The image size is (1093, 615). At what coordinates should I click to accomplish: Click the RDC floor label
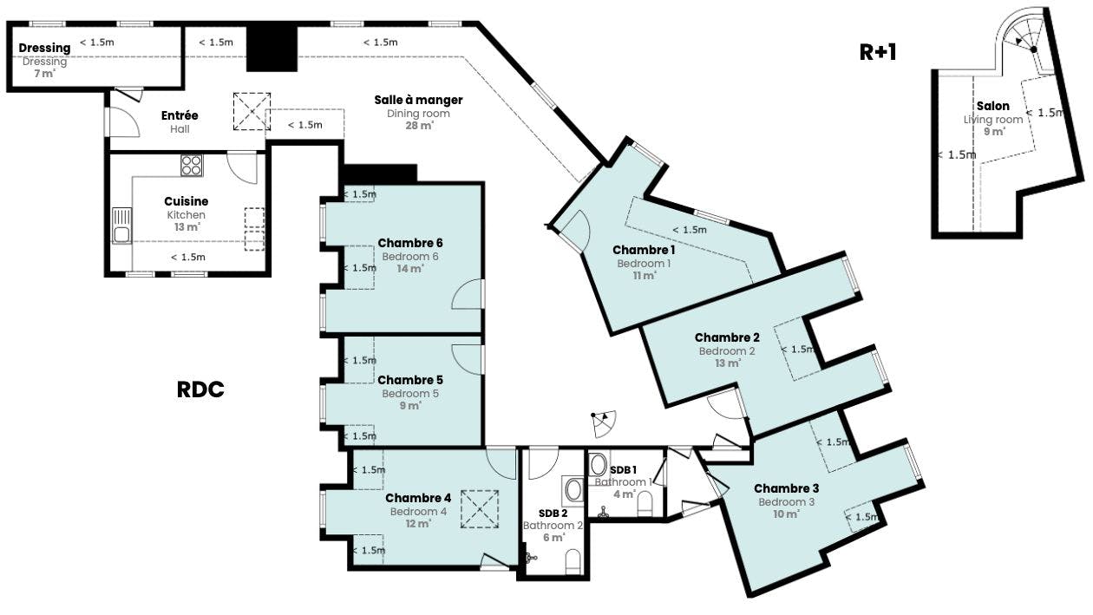pyautogui.click(x=200, y=389)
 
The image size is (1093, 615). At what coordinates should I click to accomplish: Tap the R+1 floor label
pyautogui.click(x=878, y=52)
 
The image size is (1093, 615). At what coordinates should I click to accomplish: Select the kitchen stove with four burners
pyautogui.click(x=191, y=165)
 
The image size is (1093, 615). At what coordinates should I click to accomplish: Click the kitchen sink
pyautogui.click(x=121, y=226)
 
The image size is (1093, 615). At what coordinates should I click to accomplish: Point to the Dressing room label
pyautogui.click(x=44, y=48)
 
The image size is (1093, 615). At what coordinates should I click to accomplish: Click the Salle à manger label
pyautogui.click(x=418, y=100)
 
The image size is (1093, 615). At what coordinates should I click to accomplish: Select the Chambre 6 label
pyautogui.click(x=409, y=243)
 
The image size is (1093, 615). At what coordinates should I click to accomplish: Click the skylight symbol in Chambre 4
pyautogui.click(x=480, y=509)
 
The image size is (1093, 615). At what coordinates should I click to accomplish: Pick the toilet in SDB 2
pyautogui.click(x=573, y=562)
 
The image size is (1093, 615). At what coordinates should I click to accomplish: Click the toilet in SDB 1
pyautogui.click(x=645, y=504)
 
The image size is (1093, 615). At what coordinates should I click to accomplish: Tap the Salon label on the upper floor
pyautogui.click(x=993, y=106)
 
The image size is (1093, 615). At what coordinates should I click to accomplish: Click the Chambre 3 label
pyautogui.click(x=786, y=488)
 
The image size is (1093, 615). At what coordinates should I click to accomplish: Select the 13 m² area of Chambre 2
pyautogui.click(x=728, y=363)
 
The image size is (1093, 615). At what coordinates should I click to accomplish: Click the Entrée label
pyautogui.click(x=180, y=115)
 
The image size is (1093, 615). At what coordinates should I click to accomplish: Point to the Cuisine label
pyautogui.click(x=186, y=201)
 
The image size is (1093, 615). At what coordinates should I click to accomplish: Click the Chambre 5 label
pyautogui.click(x=409, y=380)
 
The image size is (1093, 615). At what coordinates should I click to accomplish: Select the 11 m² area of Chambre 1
pyautogui.click(x=644, y=276)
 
